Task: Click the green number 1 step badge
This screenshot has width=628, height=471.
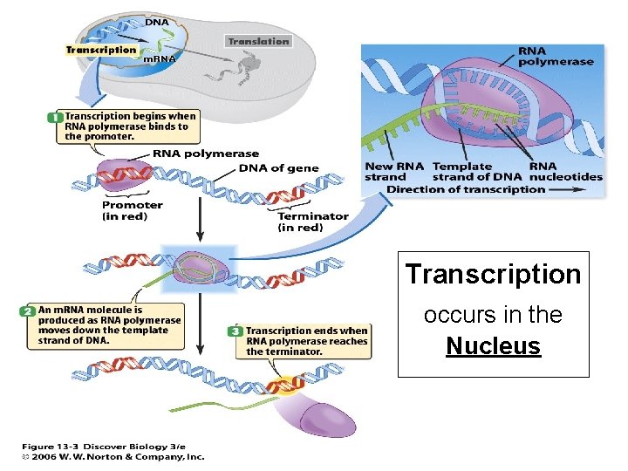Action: [x=55, y=116]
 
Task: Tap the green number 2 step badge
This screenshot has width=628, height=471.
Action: [x=27, y=310]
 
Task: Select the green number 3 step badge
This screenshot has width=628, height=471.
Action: [x=235, y=331]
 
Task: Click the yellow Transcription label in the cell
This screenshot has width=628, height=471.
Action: [x=101, y=50]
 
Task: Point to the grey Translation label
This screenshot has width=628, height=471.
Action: [x=258, y=41]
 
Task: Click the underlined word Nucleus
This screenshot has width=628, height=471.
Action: [x=493, y=346]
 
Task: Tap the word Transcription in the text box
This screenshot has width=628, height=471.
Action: [x=493, y=274]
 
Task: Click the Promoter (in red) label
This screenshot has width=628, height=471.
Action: [x=132, y=210]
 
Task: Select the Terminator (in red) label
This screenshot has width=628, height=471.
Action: [x=312, y=222]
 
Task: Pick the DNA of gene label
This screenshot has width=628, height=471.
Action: [x=278, y=168]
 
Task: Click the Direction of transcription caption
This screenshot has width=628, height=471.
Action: [x=466, y=189]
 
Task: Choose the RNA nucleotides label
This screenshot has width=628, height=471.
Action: [x=565, y=171]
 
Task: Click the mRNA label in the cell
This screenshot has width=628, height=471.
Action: [x=159, y=58]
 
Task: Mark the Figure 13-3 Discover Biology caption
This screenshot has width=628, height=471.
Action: [x=104, y=445]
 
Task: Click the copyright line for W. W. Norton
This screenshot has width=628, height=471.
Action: [x=113, y=456]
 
